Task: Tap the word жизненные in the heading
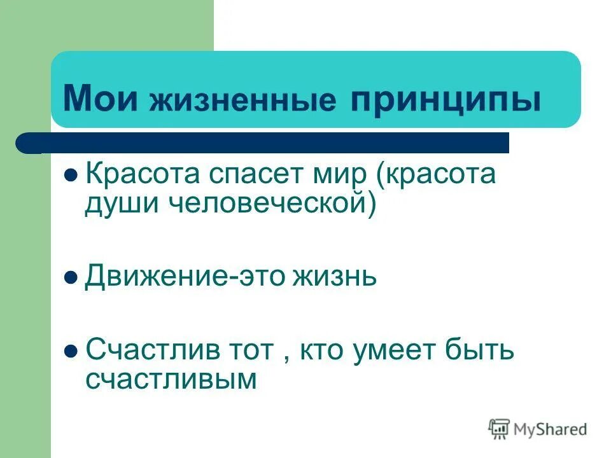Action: [x=242, y=101]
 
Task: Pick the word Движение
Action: [x=153, y=277]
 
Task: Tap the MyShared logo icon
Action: [x=500, y=429]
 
